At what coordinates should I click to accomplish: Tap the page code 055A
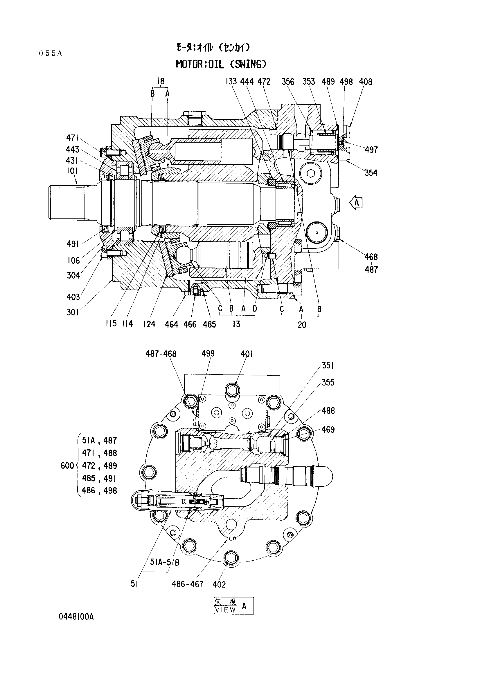tap(51, 54)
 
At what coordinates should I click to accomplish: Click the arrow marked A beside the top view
tap(356, 203)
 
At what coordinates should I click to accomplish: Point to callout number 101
tap(72, 171)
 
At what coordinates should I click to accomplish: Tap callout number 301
tap(73, 312)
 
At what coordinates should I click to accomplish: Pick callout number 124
tap(149, 324)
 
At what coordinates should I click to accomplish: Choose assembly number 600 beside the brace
tap(67, 466)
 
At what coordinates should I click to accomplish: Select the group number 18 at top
tap(161, 81)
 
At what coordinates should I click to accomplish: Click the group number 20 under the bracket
tap(302, 325)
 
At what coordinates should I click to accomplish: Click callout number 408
tap(366, 82)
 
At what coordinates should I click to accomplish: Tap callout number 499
tap(208, 353)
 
